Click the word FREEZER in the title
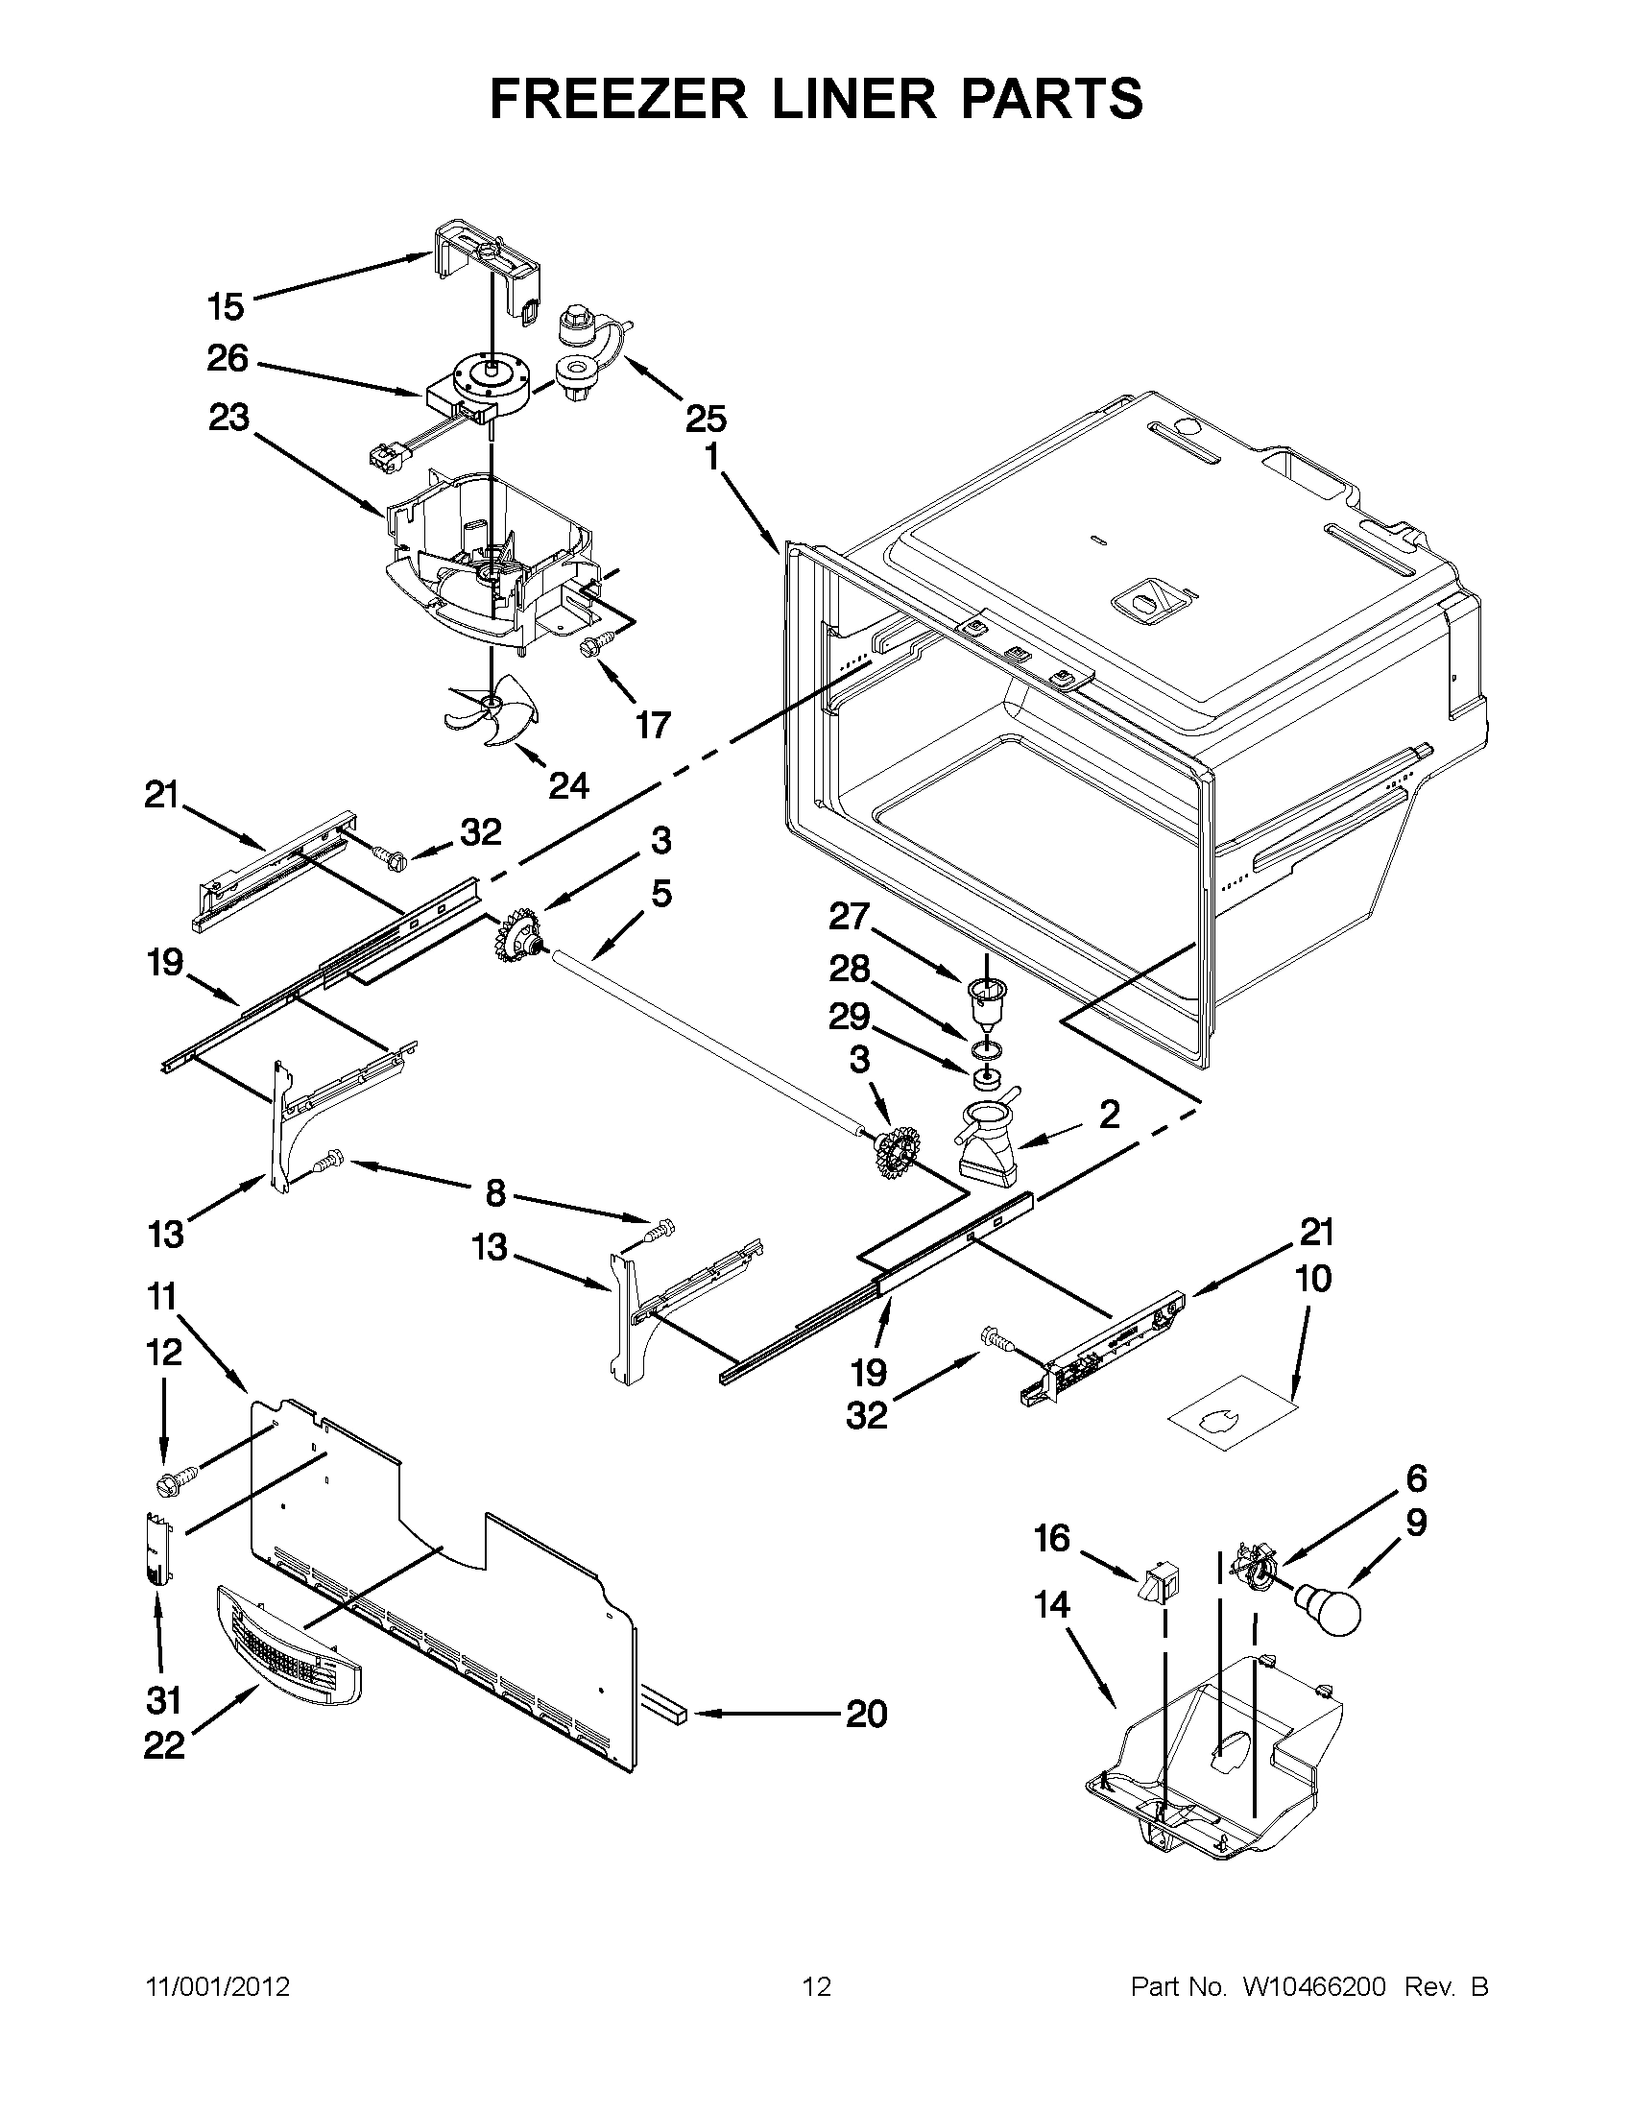[618, 99]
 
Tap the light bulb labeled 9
[1330, 1608]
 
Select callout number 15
[226, 307]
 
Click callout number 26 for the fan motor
[228, 359]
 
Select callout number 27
[850, 916]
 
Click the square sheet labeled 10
[1232, 1418]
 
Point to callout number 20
[866, 1715]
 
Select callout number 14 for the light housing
[1051, 1605]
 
